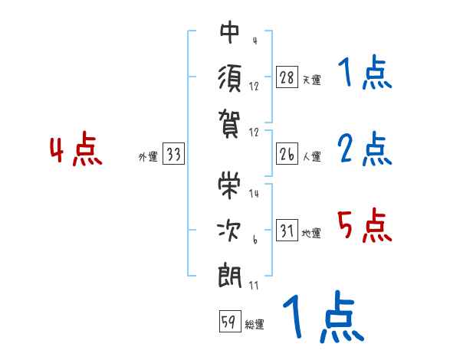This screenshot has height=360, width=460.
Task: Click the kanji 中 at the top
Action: [230, 33]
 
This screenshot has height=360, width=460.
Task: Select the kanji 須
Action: [230, 77]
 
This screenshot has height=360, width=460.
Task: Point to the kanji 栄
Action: [230, 182]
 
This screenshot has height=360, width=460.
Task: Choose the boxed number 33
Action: [173, 155]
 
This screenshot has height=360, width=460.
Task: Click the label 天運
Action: [311, 80]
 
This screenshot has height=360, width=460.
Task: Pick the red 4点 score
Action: [74, 151]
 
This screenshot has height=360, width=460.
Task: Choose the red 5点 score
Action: [363, 226]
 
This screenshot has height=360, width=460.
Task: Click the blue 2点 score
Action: [364, 149]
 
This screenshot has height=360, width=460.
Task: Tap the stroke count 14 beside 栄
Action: [255, 194]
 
